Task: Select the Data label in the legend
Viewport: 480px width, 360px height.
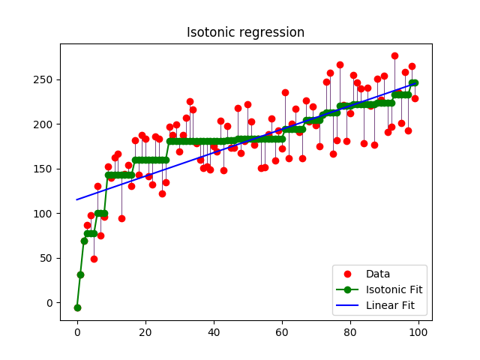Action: [x=379, y=274]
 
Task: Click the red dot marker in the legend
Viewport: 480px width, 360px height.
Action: [x=348, y=274]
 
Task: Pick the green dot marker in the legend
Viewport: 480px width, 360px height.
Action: [x=348, y=290]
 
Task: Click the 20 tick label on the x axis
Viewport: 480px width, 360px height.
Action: [x=145, y=331]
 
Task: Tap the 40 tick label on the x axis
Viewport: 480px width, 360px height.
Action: [x=214, y=331]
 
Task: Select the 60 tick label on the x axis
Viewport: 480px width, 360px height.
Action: [x=282, y=331]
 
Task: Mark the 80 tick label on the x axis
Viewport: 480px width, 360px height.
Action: [x=350, y=331]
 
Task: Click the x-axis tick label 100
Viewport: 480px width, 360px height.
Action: [x=418, y=331]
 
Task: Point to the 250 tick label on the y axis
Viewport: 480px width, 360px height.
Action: [x=46, y=79]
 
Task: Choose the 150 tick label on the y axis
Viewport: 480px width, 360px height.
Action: [x=46, y=169]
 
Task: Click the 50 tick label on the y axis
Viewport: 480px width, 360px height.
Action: [x=49, y=258]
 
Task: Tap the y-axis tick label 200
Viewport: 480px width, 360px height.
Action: [x=46, y=124]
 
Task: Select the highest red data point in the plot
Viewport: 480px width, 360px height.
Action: [x=394, y=55]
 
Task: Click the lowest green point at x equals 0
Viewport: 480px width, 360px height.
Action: [x=77, y=307]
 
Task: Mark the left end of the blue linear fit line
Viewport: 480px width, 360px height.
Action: [x=77, y=199]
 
